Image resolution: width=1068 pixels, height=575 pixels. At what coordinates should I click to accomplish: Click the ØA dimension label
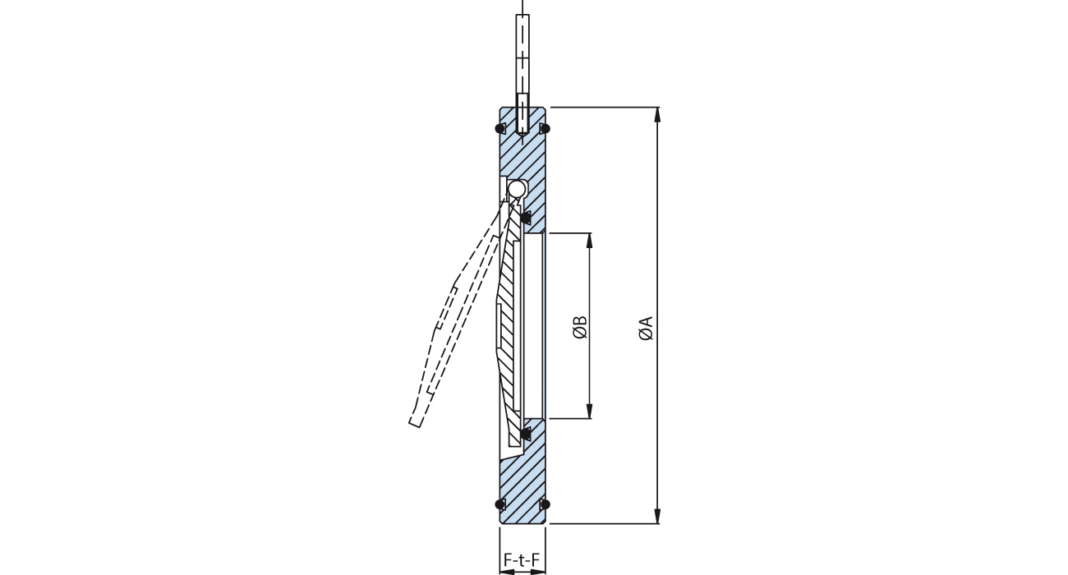click(646, 326)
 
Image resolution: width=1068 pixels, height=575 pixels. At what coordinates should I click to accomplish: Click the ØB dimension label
click(580, 326)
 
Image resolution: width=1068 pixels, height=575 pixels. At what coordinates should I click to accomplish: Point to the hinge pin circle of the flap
click(516, 190)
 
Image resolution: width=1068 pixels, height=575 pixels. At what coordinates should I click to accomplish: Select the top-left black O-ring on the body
click(499, 128)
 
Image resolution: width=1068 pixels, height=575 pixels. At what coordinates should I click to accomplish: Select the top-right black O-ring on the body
click(545, 128)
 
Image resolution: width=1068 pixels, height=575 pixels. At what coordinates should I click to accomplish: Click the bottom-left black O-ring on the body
click(499, 504)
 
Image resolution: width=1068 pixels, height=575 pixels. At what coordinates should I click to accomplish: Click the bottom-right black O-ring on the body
click(545, 504)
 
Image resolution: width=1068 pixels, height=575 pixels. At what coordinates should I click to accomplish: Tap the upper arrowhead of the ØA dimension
click(656, 114)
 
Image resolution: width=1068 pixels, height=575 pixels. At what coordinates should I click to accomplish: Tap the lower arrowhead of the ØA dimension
click(656, 516)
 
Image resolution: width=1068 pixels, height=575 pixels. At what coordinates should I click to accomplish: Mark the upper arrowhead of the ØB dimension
click(589, 240)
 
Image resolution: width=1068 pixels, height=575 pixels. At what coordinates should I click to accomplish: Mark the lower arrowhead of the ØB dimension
click(589, 412)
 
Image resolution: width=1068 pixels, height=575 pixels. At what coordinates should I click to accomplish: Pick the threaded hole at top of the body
click(522, 115)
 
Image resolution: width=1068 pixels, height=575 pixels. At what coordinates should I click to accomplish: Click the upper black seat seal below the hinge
click(526, 218)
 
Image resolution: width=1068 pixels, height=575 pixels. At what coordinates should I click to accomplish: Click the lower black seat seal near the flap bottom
click(526, 432)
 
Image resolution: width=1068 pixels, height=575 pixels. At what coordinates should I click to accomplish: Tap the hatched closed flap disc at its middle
click(509, 329)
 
